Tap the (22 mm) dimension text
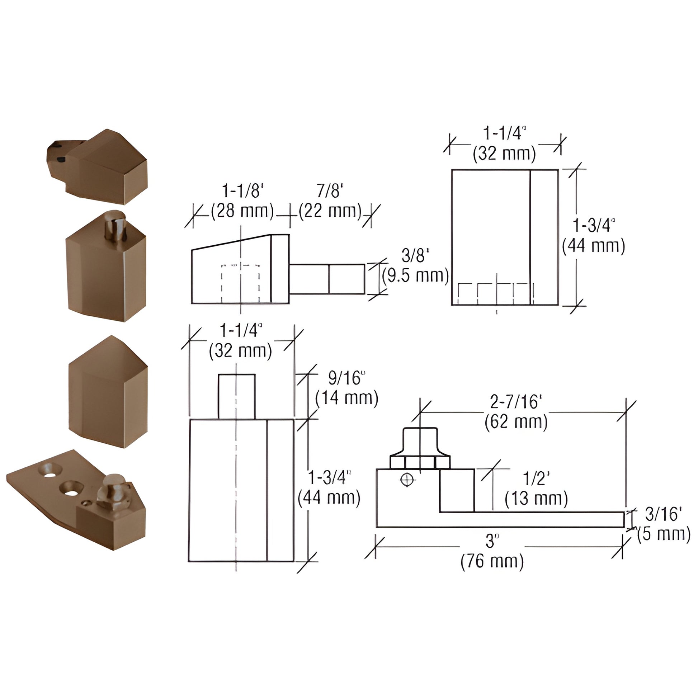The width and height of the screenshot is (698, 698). point(330,211)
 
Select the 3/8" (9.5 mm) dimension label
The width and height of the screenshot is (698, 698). point(415,266)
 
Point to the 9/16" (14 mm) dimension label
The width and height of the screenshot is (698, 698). point(346,388)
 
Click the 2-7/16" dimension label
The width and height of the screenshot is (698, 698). point(516,402)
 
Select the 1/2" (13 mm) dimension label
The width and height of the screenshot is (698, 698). point(536,489)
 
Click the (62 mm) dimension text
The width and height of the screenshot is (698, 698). point(516,421)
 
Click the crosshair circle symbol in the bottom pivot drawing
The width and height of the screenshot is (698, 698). point(407,480)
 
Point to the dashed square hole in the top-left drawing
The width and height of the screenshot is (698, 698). point(240,284)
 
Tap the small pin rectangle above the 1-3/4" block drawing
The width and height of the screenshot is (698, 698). point(237,396)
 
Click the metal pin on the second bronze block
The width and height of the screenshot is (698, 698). point(115,226)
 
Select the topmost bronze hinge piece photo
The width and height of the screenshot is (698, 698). point(98,166)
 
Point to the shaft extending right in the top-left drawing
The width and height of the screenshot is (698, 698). point(327,279)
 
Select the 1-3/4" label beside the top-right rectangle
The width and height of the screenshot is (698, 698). point(593,236)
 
